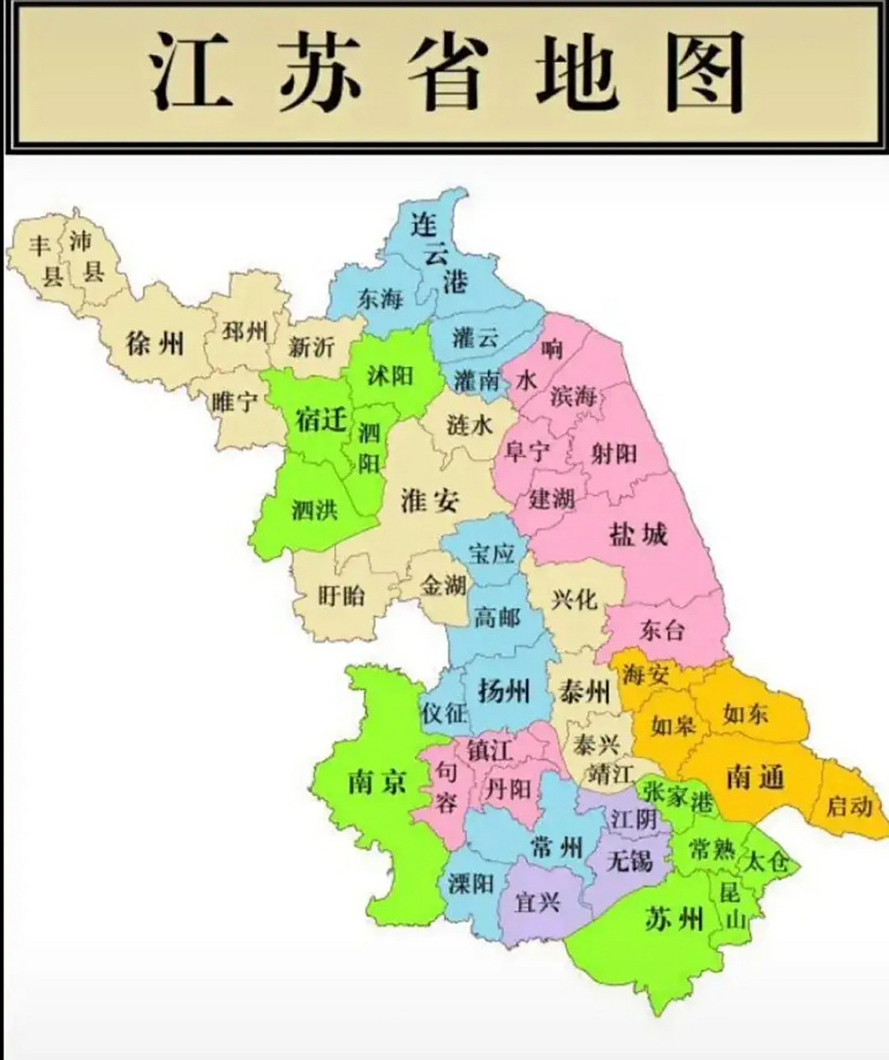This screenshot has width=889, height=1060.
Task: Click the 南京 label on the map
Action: [x=377, y=780]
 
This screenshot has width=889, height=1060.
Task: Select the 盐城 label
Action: [x=638, y=534]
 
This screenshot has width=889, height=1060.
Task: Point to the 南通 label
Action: [x=755, y=777]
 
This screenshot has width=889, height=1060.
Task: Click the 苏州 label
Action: [x=674, y=918]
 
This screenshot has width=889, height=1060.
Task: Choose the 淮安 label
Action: [x=429, y=500]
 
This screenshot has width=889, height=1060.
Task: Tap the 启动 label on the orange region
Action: [x=849, y=805]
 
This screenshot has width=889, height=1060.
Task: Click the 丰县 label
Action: [x=40, y=259]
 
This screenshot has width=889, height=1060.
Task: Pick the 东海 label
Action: [x=380, y=299]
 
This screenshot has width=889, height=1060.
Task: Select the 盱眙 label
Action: [x=341, y=595]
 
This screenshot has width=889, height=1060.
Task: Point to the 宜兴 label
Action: [x=538, y=901]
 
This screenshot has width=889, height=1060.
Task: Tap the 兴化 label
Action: [x=574, y=598]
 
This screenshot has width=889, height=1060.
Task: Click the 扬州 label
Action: [x=504, y=690]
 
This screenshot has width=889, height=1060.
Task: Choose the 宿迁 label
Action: [x=320, y=420]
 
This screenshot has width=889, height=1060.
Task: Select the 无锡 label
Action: [x=630, y=860]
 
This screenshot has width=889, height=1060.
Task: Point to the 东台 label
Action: [x=663, y=630]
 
